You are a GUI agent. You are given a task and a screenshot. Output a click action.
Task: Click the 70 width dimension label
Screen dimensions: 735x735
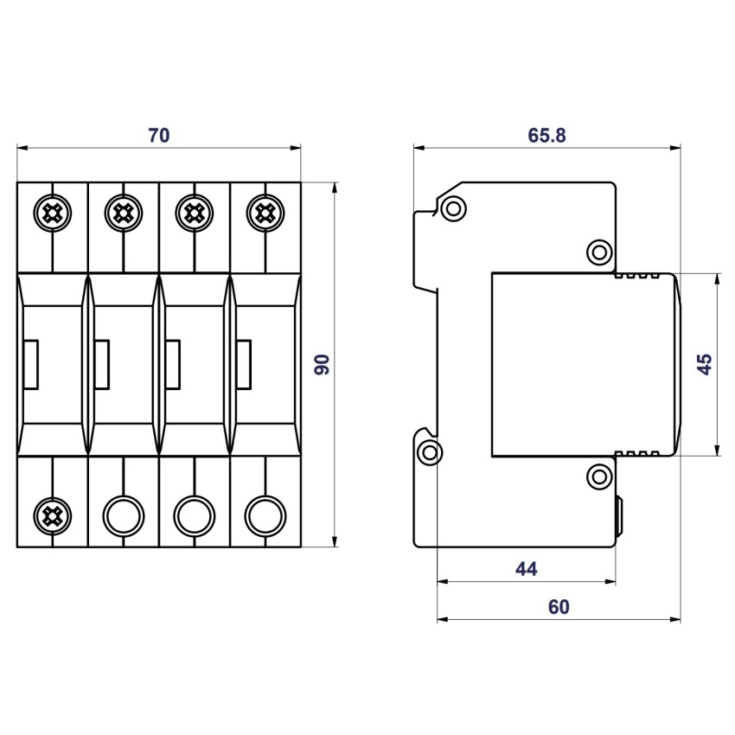(159, 136)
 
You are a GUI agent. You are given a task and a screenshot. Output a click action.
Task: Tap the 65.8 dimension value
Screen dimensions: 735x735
(546, 136)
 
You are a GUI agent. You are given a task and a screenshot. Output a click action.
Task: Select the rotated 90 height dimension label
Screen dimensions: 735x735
(322, 364)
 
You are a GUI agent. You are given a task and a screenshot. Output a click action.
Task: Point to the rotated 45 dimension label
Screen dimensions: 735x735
(705, 364)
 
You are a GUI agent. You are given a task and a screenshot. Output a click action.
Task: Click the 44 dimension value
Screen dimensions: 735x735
(526, 569)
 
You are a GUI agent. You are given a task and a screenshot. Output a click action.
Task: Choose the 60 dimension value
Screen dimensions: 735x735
(559, 607)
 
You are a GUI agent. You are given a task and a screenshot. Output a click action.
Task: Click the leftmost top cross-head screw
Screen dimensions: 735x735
(53, 214)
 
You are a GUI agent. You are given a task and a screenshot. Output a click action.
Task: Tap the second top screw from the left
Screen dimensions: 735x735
(124, 214)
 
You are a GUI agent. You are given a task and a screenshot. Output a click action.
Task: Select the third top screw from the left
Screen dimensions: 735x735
(195, 214)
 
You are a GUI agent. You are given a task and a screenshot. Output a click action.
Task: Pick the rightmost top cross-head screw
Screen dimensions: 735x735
(265, 214)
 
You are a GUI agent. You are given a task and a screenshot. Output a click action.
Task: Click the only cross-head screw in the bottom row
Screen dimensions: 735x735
(53, 516)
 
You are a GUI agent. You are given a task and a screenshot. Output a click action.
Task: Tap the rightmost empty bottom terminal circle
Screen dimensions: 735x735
(265, 516)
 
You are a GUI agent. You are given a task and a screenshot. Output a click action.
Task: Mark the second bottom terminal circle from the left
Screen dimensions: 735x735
(124, 516)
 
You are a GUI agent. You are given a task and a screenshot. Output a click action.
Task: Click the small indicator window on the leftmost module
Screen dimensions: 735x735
(30, 365)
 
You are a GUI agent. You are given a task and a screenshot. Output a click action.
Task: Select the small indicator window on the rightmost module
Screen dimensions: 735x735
(244, 365)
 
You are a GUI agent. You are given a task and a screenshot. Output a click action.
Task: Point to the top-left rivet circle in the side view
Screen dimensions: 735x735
(453, 208)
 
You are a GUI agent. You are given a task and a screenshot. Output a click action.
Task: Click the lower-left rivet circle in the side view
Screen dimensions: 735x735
(429, 453)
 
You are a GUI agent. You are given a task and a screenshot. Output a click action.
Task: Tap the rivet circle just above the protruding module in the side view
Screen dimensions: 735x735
(599, 252)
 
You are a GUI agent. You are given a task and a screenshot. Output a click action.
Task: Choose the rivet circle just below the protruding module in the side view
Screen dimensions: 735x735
(599, 477)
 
